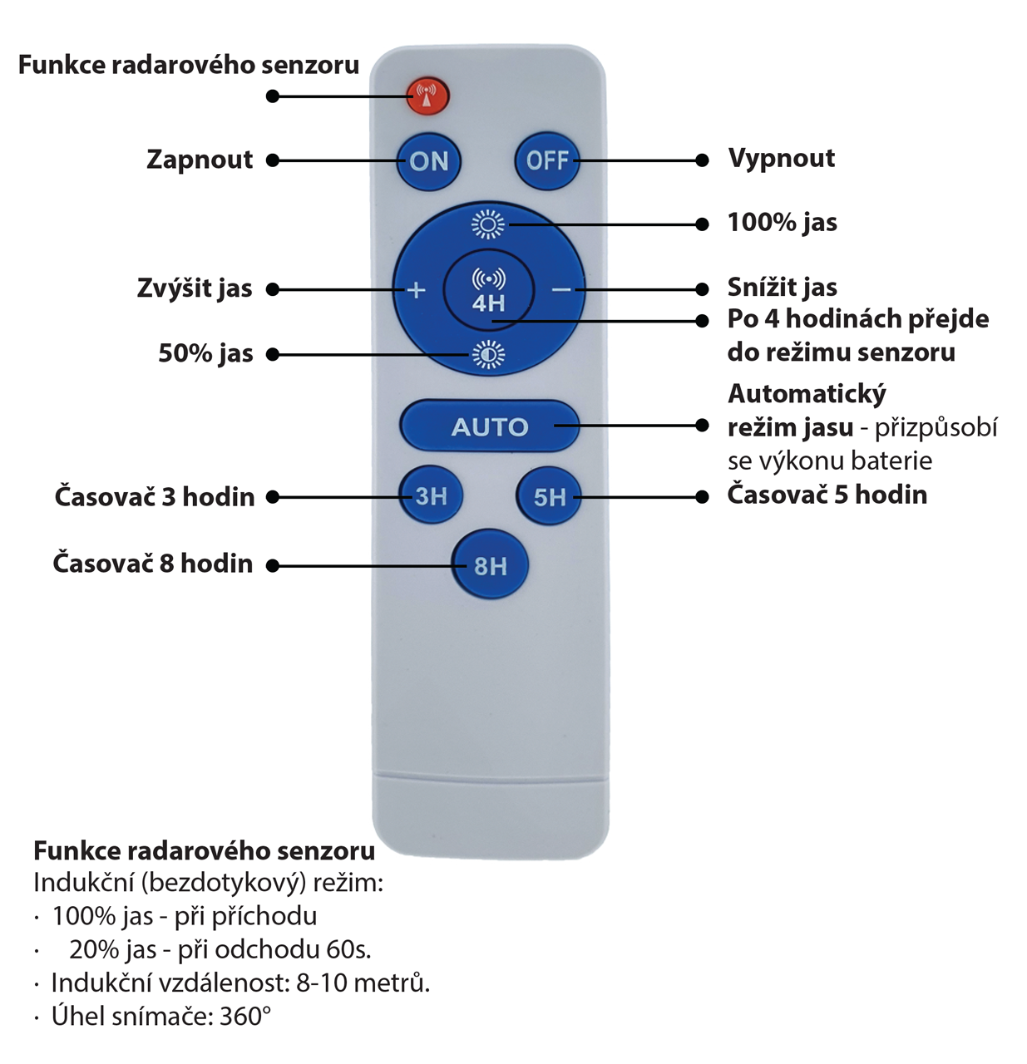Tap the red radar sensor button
click(x=427, y=96)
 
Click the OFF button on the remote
click(x=546, y=160)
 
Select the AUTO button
click(x=489, y=426)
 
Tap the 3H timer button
click(x=431, y=496)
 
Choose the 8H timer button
click(x=490, y=566)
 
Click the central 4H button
click(x=488, y=291)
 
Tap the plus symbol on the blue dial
click(x=417, y=290)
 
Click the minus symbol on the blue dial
click(x=561, y=290)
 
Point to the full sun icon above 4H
click(x=488, y=224)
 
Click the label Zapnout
click(x=200, y=160)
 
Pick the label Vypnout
click(x=781, y=158)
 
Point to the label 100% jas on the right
click(x=782, y=223)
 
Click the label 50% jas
click(x=205, y=353)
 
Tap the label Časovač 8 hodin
click(x=153, y=564)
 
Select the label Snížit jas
click(x=782, y=288)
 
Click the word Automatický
click(x=807, y=394)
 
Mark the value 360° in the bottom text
click(x=245, y=1017)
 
